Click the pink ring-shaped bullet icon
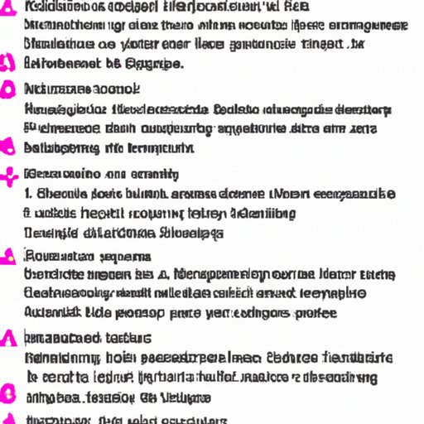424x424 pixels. pyautogui.click(x=9, y=88)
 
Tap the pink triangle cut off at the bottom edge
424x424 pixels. pyautogui.click(x=10, y=418)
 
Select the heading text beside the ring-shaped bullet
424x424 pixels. pyautogui.click(x=82, y=89)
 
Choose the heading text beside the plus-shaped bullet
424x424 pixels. pyautogui.click(x=102, y=175)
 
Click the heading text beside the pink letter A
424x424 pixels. pyautogui.click(x=88, y=338)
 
